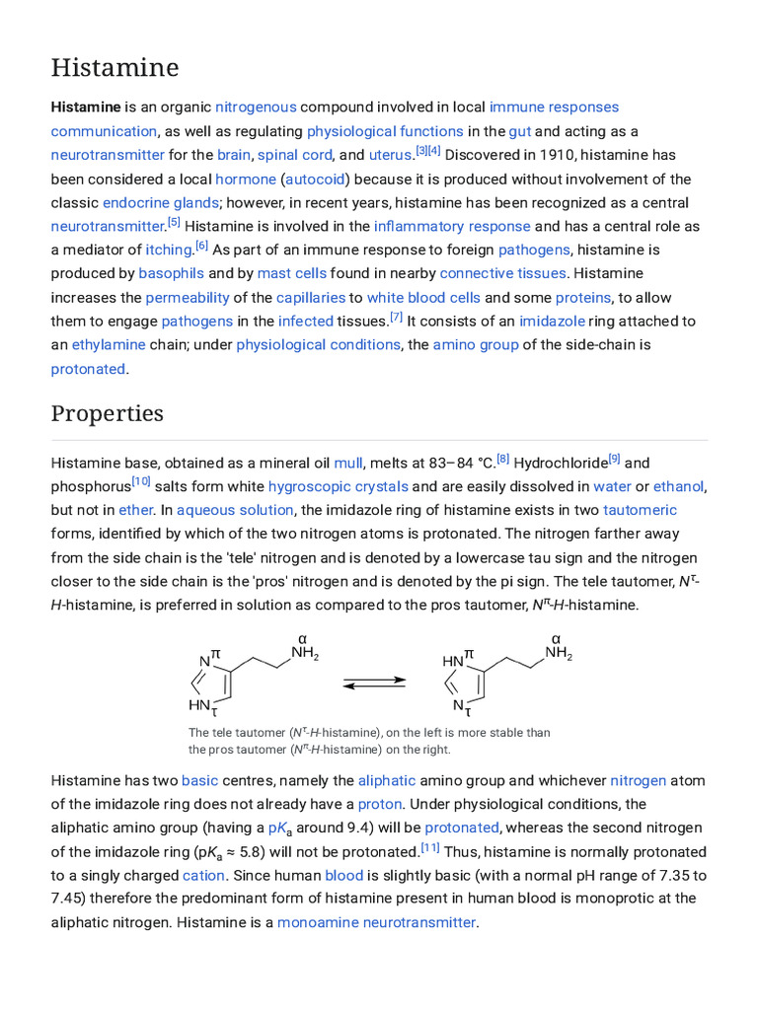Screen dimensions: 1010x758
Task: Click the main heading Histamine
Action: (x=114, y=68)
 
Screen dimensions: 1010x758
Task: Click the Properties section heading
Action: (x=107, y=413)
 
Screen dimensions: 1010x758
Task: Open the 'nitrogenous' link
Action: (x=256, y=107)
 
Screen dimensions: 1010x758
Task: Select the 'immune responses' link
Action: (x=554, y=107)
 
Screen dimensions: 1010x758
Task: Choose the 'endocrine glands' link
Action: (x=161, y=202)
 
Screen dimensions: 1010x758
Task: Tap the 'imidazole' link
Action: (x=553, y=321)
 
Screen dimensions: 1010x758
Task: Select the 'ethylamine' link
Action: (x=109, y=344)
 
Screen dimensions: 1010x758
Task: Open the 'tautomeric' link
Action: (x=640, y=510)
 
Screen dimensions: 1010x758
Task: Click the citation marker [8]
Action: (x=503, y=458)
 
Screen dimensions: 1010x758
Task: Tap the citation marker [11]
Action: (x=430, y=847)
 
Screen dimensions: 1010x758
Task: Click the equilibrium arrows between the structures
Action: (x=375, y=681)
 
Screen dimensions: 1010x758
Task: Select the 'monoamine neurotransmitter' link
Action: (x=377, y=922)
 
